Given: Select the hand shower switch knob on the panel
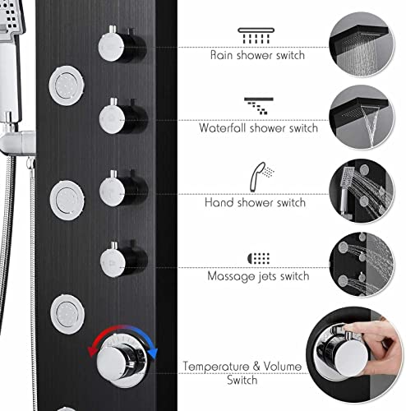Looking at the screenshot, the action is [122, 189].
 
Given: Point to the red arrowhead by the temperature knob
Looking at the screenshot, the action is [91, 352].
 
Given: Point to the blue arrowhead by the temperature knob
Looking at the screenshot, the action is [154, 353].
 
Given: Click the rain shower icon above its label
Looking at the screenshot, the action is [256, 35].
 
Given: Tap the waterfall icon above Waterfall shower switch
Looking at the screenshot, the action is [259, 106].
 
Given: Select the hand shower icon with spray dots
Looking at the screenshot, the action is [261, 177].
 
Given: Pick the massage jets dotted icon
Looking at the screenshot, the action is [258, 258].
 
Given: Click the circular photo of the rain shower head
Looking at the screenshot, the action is [362, 44].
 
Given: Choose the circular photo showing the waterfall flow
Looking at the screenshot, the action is [362, 118].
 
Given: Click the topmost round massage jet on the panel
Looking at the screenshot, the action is [67, 85].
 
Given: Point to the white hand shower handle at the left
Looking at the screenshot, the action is [10, 76].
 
